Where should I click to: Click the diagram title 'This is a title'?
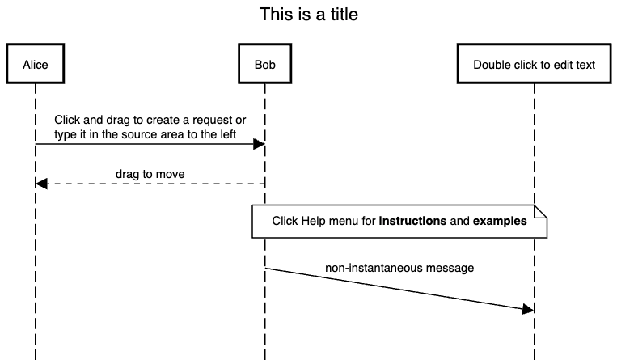coord(308,15)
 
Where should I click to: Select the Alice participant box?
coord(36,65)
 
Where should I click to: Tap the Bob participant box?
coord(264,65)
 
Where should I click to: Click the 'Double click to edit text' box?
coord(534,65)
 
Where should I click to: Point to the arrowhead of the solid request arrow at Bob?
coord(259,144)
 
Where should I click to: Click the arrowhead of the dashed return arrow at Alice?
coord(42,184)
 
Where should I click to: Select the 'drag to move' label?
coord(150,174)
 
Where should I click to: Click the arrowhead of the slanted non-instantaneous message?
coord(528,309)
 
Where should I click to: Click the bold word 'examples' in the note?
coord(500,221)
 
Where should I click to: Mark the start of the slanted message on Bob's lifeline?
coord(265,268)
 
